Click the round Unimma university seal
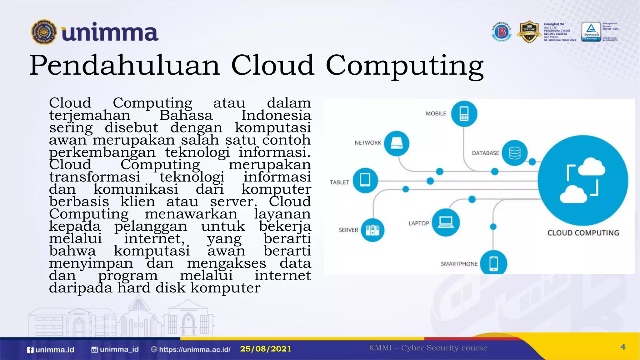(x=44, y=32)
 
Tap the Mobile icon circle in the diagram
(x=464, y=114)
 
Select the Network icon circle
(x=397, y=143)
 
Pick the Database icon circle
(x=515, y=153)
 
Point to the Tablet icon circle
(x=365, y=180)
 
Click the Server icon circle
(x=372, y=230)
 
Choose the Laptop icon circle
(x=446, y=222)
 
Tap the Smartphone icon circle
(x=493, y=263)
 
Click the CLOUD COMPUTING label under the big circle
(x=583, y=233)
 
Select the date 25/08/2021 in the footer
(x=266, y=349)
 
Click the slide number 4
(x=623, y=347)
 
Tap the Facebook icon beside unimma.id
(x=30, y=350)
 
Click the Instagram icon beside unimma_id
(x=94, y=350)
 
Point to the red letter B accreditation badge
(x=502, y=32)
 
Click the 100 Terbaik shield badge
(x=529, y=32)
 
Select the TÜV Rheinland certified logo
(x=591, y=32)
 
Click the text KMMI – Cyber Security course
(x=428, y=348)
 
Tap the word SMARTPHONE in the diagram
(x=459, y=264)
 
